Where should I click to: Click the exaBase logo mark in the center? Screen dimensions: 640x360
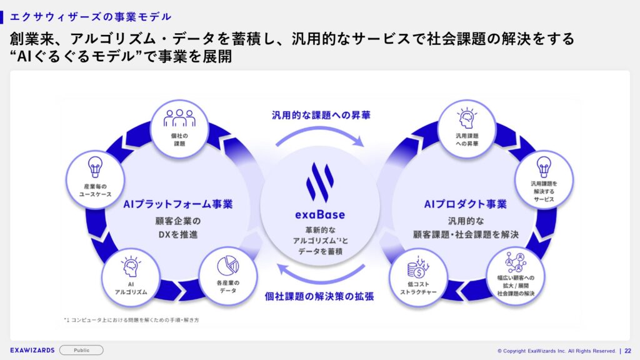tap(320, 182)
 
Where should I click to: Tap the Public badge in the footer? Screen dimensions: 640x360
tap(81, 350)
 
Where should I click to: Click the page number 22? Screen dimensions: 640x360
tap(627, 351)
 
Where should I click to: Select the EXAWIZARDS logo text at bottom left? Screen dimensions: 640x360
tap(32, 350)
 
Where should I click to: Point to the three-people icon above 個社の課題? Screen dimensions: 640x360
tap(179, 118)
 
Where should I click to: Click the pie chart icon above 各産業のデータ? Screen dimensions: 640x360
tap(227, 266)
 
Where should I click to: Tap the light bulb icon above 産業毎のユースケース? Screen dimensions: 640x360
tap(95, 167)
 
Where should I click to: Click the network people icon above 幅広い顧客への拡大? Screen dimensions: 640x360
tap(516, 262)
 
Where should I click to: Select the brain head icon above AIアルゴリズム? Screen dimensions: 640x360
tap(131, 266)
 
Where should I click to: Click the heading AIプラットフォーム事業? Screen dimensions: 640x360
tap(178, 204)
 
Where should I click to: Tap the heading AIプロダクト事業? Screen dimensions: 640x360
tap(465, 204)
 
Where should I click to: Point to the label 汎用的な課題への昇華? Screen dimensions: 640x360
tap(321, 116)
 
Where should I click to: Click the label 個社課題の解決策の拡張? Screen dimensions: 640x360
tap(319, 296)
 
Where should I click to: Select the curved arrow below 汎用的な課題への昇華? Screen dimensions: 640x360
tap(320, 129)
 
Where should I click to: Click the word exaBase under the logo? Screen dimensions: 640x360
tap(320, 215)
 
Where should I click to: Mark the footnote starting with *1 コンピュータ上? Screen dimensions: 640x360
tap(131, 320)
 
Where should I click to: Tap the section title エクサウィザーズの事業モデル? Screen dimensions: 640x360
tap(91, 17)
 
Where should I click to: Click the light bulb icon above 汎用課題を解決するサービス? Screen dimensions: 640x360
tap(544, 167)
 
